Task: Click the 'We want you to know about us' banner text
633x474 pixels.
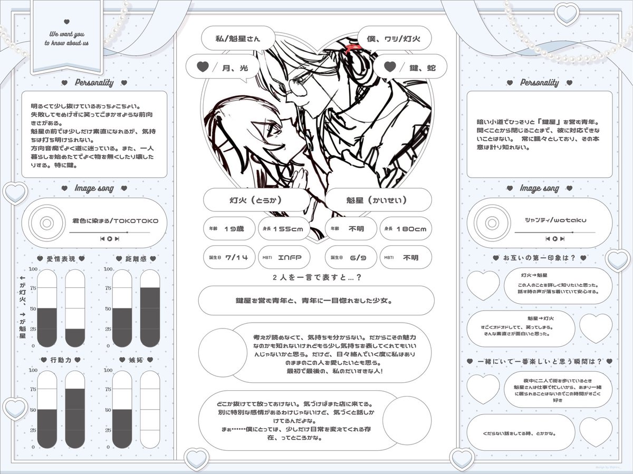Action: [66, 38]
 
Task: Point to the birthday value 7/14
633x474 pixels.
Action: [236, 258]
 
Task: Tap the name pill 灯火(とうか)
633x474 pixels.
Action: [256, 200]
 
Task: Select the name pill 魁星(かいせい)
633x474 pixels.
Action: [378, 200]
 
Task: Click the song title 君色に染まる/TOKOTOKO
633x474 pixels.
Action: [115, 222]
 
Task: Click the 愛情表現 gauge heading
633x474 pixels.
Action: [61, 259]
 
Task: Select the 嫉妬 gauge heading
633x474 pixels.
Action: [136, 360]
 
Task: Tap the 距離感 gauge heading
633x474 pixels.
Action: [136, 259]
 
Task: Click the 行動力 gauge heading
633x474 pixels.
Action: [61, 360]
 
